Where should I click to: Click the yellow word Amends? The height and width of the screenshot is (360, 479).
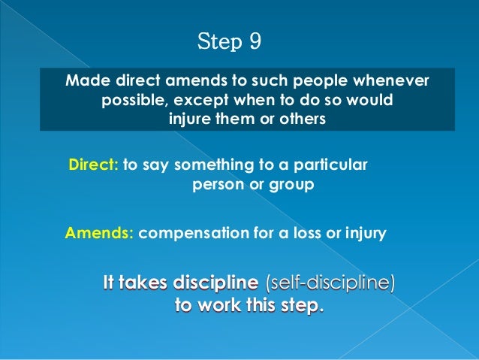click(x=99, y=233)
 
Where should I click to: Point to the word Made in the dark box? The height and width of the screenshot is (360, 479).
click(x=85, y=80)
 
